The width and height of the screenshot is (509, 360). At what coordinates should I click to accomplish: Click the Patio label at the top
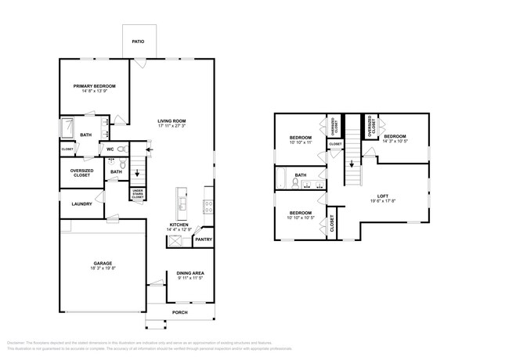click(x=138, y=41)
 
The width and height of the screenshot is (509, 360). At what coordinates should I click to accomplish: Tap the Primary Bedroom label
click(x=95, y=86)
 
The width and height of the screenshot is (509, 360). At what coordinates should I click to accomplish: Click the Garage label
click(x=103, y=263)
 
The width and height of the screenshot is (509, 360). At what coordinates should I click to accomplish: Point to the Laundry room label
click(x=81, y=204)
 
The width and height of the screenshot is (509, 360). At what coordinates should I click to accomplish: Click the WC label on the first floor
click(x=110, y=148)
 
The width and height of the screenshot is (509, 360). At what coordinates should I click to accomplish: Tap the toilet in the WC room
click(x=121, y=148)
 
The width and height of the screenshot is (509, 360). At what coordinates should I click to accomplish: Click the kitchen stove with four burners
click(x=209, y=207)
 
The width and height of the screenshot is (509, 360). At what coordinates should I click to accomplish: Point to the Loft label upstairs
click(x=383, y=197)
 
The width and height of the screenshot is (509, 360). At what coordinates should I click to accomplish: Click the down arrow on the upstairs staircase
click(x=352, y=164)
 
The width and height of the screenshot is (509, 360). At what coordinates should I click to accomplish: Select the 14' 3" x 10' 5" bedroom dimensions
click(x=395, y=142)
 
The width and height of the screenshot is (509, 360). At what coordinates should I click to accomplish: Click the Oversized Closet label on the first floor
click(x=81, y=173)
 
